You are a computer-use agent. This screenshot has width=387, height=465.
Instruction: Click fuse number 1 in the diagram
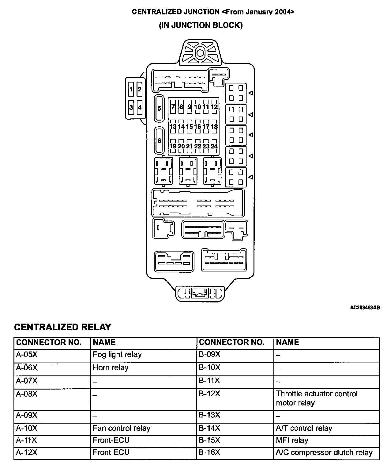point(131,89)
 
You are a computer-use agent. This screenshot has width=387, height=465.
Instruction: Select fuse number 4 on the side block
point(140,107)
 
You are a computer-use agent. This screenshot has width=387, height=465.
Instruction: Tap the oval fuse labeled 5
point(159,108)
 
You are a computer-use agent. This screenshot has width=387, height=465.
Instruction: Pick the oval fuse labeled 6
point(159,140)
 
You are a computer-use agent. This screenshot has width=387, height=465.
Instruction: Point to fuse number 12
point(214,107)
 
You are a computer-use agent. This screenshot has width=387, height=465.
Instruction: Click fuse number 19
point(173,146)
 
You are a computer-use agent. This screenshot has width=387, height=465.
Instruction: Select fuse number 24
point(214,146)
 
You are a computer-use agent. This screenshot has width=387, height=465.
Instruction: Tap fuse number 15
point(190,126)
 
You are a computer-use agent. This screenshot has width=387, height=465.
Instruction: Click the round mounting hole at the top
point(200,53)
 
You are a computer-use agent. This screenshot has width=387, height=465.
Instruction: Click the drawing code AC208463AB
point(365,307)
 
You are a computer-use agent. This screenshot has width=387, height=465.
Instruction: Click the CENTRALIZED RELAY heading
point(62,327)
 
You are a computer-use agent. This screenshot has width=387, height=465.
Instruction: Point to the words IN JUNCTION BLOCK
point(201,25)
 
